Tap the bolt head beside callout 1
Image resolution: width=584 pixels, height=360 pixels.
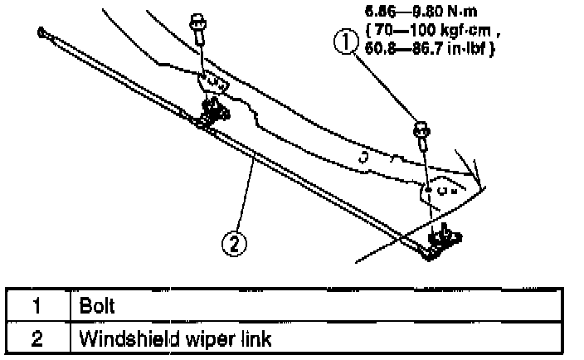(421, 130)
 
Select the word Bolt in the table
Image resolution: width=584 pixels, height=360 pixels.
(96, 305)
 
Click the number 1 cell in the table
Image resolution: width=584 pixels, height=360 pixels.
(36, 305)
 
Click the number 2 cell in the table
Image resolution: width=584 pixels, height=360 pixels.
(36, 339)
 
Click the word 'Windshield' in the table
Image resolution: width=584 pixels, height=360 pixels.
(117, 339)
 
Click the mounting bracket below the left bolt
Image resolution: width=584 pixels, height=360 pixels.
(213, 82)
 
